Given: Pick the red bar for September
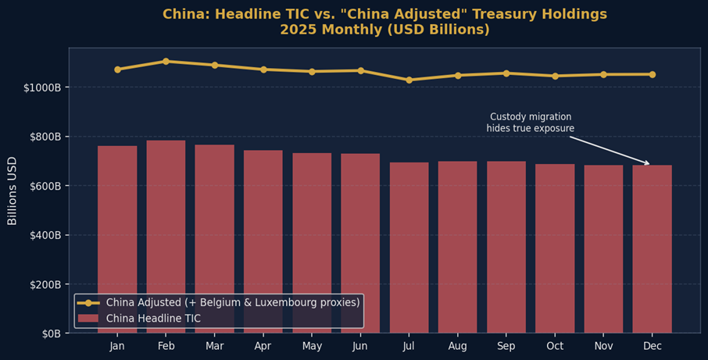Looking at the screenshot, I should (506, 247).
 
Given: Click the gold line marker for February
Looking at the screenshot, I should (166, 61).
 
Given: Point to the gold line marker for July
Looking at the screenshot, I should (409, 80).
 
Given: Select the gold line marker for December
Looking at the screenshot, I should (652, 74).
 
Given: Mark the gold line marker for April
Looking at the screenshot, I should (263, 70).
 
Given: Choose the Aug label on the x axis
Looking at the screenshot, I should (457, 346).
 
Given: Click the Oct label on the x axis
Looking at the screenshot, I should (555, 346).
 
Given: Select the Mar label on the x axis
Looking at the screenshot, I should (214, 346).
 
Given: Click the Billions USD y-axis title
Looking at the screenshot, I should (13, 191).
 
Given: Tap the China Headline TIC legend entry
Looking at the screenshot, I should (153, 319).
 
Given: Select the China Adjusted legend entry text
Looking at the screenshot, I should (233, 302).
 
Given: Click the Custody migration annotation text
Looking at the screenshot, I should (530, 123).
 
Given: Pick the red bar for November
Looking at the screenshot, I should (603, 249).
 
